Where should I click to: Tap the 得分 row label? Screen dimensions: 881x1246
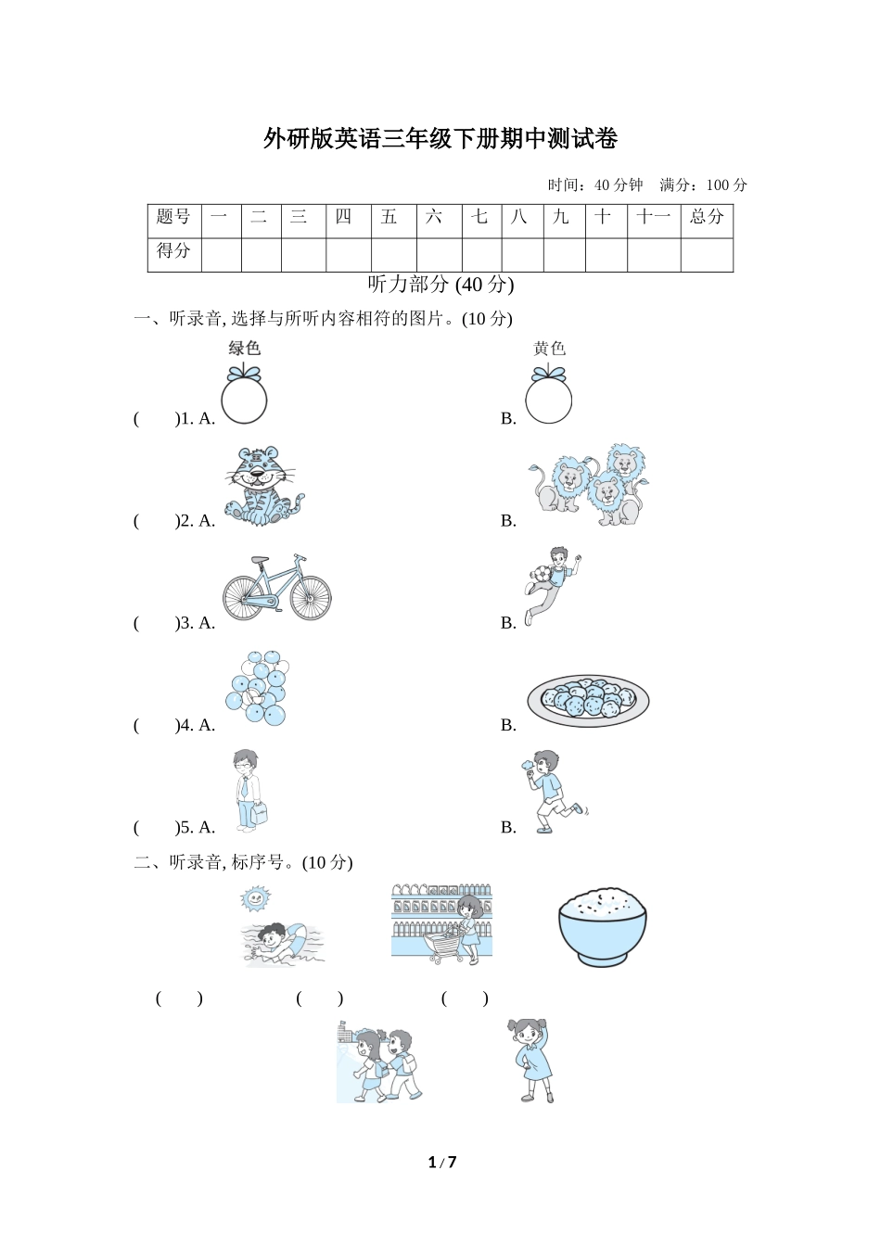(174, 250)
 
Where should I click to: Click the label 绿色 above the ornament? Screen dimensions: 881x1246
(244, 349)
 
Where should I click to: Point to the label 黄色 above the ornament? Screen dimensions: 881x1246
(549, 349)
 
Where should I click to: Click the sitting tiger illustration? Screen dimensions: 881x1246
(263, 486)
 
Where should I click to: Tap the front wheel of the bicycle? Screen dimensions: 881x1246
(311, 598)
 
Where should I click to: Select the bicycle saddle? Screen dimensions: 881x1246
(260, 560)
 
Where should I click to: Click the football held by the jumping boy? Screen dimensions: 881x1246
(543, 575)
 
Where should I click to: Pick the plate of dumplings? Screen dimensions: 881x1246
(588, 700)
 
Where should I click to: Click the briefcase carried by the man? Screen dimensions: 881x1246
(260, 814)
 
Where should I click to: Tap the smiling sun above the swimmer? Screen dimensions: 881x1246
(255, 898)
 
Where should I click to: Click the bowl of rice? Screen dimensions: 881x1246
(603, 926)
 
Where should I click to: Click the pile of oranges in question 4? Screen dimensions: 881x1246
(257, 688)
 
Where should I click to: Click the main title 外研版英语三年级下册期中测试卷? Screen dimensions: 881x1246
(440, 138)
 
